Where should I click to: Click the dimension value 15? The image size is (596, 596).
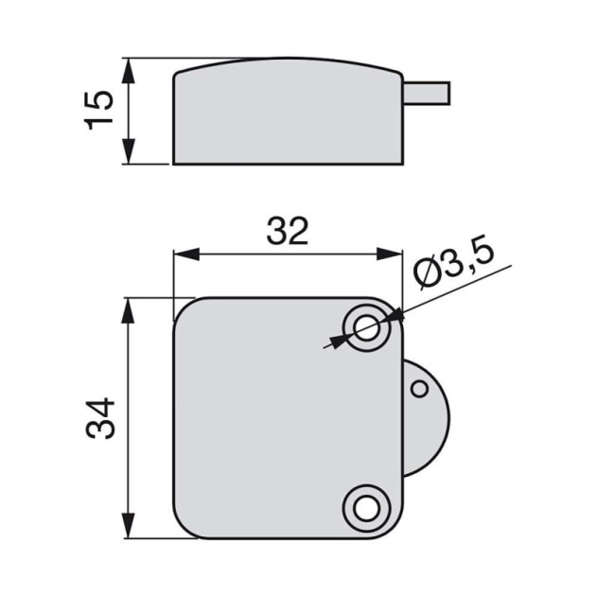(101, 112)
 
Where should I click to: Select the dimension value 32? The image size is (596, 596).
(288, 231)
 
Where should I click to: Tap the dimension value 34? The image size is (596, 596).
(101, 417)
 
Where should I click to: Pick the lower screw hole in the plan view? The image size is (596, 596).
(364, 506)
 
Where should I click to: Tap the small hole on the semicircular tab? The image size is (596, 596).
(420, 389)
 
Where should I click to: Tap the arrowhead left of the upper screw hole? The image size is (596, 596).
(339, 340)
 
